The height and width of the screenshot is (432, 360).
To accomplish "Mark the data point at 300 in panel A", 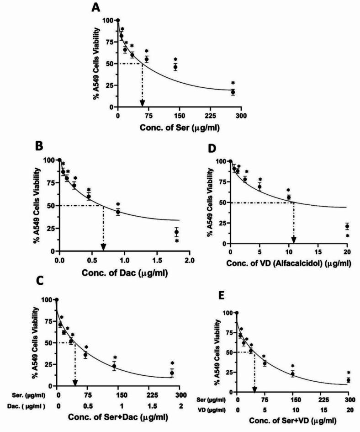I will click(233, 92).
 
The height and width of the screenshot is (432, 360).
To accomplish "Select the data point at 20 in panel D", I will click(347, 226).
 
